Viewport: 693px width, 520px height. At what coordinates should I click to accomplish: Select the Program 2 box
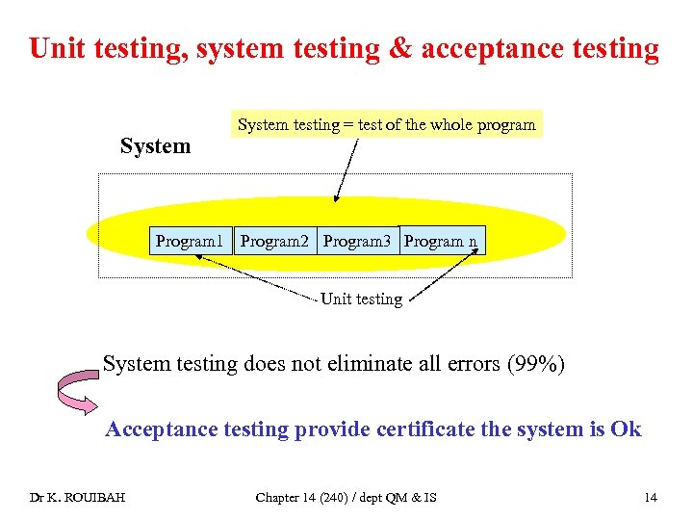274,241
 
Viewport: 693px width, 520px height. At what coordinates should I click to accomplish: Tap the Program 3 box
357,241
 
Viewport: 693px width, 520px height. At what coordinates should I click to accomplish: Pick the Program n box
441,241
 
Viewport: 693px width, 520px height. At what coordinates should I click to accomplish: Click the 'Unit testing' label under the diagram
361,299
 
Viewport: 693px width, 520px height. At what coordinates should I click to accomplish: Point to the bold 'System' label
155,146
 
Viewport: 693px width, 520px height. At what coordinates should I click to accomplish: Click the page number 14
651,497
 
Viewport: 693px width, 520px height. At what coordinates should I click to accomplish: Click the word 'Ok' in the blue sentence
625,429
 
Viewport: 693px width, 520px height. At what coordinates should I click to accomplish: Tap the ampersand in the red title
397,48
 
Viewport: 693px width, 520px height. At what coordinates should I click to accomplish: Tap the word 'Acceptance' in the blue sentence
161,429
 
